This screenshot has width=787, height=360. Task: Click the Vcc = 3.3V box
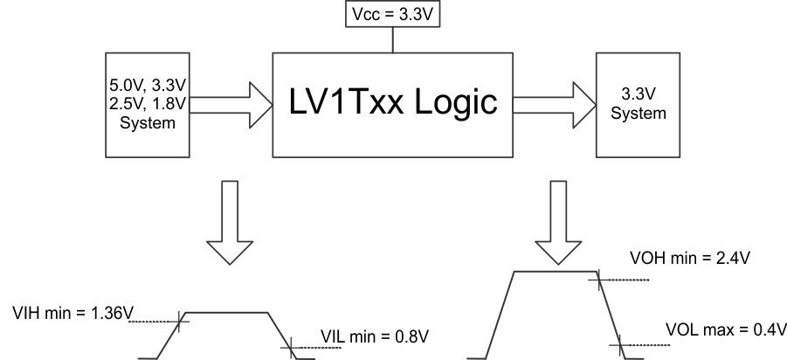pyautogui.click(x=393, y=15)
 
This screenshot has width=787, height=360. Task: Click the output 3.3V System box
pyautogui.click(x=639, y=105)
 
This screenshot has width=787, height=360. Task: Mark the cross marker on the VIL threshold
pyautogui.click(x=289, y=348)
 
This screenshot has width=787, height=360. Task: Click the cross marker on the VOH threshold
pyautogui.click(x=598, y=280)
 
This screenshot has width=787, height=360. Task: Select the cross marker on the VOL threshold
pyautogui.click(x=620, y=348)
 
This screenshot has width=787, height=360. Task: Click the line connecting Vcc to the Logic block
pyautogui.click(x=393, y=40)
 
